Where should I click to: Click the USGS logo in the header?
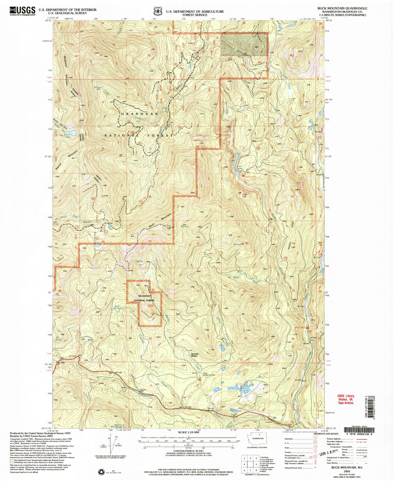pos(22,11)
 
